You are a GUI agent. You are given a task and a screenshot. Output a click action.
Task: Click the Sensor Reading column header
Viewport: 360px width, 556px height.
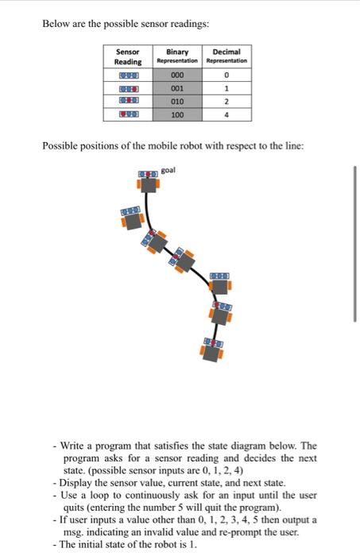128,56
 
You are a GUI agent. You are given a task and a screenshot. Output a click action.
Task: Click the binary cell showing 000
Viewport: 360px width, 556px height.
177,75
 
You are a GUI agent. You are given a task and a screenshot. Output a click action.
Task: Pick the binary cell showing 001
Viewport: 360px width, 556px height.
177,89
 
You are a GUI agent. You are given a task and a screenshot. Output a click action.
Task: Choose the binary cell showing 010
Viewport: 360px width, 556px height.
177,102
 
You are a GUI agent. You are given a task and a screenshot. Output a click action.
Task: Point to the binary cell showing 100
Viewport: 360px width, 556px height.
177,115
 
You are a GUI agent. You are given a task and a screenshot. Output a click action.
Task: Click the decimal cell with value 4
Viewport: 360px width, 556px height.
226,115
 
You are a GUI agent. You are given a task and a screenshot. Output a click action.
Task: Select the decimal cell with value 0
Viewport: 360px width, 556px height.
226,75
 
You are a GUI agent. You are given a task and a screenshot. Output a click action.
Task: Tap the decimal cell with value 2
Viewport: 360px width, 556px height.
226,102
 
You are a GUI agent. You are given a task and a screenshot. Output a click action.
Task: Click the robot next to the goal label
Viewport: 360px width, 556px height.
148,180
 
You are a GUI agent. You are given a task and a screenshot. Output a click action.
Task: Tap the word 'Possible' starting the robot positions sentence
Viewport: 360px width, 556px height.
58,145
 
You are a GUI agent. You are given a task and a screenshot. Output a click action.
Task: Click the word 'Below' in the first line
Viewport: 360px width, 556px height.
55,23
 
